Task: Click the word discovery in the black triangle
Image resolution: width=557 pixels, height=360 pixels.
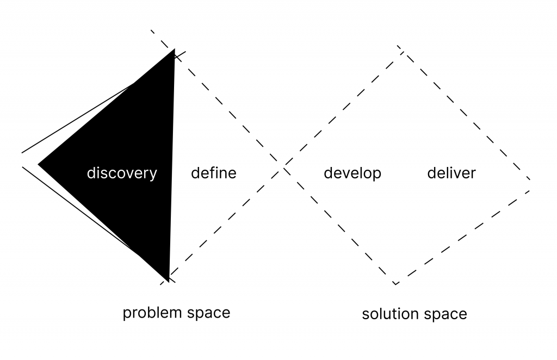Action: tap(122, 173)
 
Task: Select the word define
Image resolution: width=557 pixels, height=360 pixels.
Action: tap(214, 173)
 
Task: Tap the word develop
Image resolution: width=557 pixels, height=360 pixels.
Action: tap(352, 173)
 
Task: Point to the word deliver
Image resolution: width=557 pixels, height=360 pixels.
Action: tap(451, 173)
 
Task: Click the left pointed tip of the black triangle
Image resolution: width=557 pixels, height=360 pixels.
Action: tap(39, 163)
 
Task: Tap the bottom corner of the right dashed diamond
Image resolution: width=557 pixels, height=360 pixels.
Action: tap(396, 284)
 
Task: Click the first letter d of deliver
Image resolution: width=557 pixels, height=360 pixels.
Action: tap(431, 173)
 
